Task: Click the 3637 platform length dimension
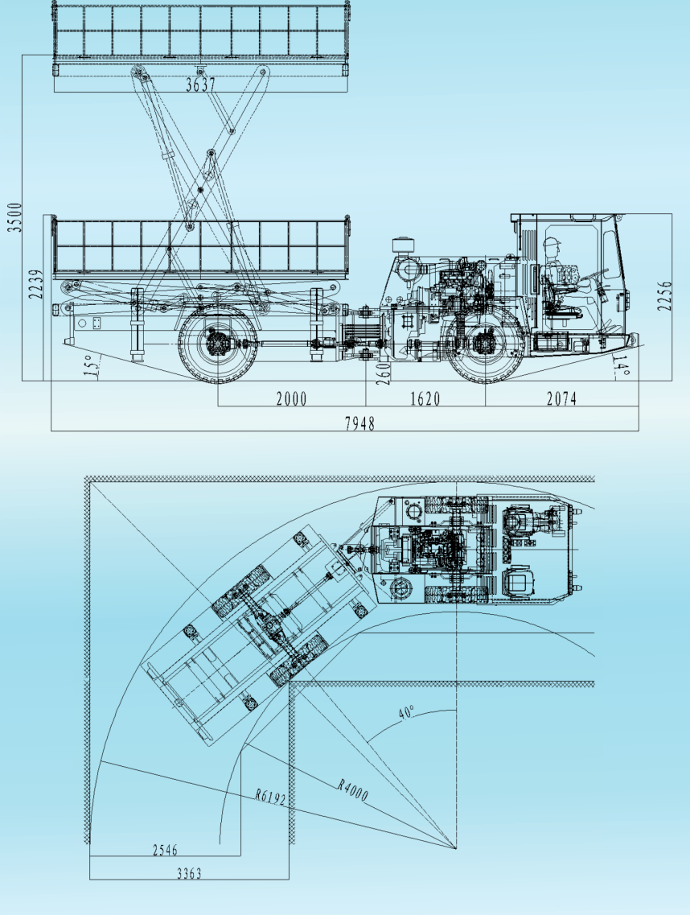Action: (200, 84)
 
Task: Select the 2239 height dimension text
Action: (36, 284)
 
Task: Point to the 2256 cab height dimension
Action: (664, 296)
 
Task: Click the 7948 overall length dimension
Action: (359, 423)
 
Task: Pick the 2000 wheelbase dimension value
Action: (291, 399)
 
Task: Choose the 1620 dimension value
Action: (425, 399)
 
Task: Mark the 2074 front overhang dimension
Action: (561, 398)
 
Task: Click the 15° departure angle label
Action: (92, 366)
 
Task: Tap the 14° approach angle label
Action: (621, 366)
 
